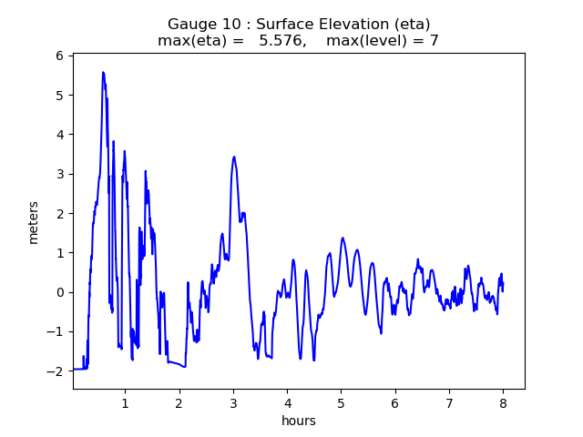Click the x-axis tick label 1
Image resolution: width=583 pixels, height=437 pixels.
125,402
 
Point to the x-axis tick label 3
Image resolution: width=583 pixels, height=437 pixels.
233,402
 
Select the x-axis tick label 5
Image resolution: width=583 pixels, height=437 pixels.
342,402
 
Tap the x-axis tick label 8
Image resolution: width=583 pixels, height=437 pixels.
503,402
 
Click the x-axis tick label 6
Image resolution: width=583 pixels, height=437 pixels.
395,402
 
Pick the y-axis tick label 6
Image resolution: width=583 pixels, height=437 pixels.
58,56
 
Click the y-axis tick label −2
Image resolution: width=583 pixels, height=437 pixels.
54,371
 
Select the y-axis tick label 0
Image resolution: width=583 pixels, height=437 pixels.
58,292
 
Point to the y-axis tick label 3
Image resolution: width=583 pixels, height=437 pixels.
58,174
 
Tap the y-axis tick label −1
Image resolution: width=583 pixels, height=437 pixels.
54,331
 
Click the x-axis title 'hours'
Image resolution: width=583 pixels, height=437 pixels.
299,421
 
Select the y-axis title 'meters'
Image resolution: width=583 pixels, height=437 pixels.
34,222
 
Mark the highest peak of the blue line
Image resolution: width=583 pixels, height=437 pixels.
103,73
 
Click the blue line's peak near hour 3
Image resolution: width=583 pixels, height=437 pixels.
234,157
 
